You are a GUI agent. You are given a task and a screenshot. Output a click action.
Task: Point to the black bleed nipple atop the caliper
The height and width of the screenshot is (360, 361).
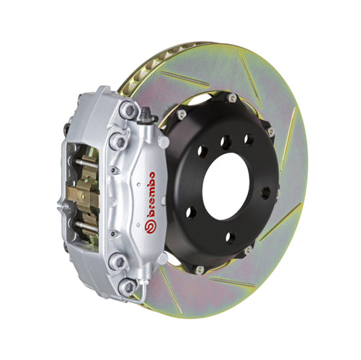click(147, 114)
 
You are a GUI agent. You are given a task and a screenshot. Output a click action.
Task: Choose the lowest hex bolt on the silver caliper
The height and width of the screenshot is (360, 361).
click(128, 289)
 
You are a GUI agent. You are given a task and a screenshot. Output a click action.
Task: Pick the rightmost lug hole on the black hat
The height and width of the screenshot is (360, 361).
click(265, 192)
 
